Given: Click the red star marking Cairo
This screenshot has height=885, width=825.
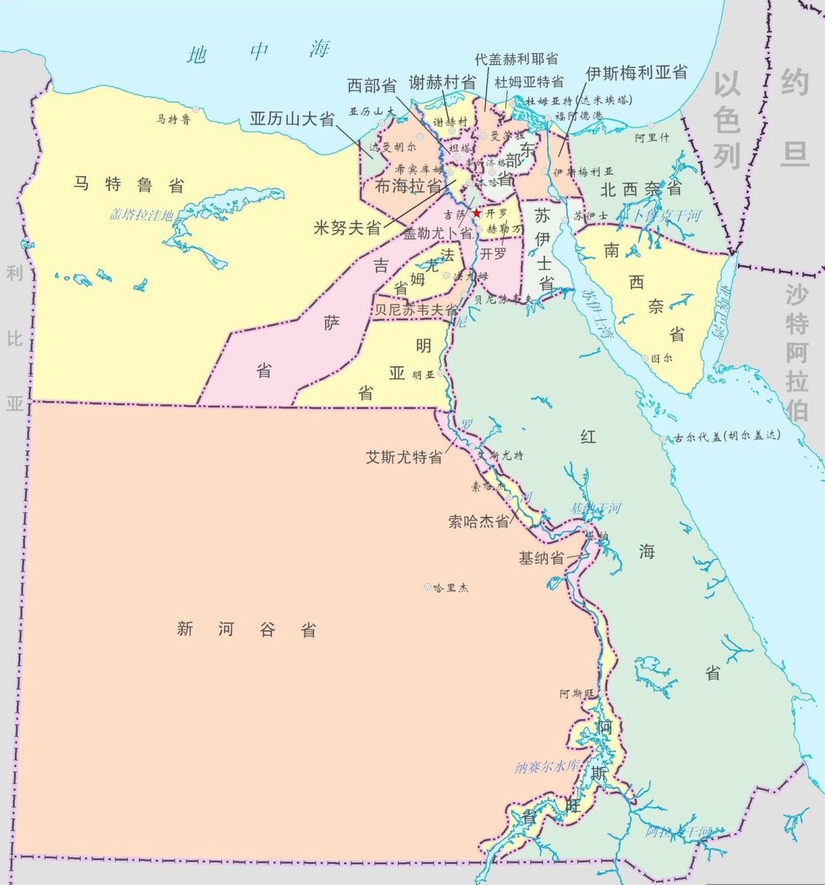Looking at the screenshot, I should click(476, 214).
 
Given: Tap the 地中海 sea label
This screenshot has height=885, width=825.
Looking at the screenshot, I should click(258, 52).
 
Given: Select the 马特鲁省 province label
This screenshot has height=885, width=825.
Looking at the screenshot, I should click(129, 185).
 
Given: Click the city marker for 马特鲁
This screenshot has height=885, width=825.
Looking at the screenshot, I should click(196, 109).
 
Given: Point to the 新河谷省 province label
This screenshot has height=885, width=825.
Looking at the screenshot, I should click(246, 629).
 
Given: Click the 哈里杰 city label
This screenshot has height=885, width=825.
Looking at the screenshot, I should click(451, 588).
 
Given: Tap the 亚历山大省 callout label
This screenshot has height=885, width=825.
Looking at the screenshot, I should click(292, 119).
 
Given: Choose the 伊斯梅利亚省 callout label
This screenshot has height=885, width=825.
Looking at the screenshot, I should click(636, 72).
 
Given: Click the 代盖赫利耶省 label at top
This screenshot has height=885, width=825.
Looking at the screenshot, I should click(517, 59).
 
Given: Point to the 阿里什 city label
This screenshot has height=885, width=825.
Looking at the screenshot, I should click(652, 138).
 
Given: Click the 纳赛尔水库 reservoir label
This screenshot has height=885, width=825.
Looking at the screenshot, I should click(550, 767).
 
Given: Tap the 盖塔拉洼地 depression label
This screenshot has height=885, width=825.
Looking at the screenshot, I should click(141, 215).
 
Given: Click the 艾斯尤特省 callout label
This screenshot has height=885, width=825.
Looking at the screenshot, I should click(404, 457).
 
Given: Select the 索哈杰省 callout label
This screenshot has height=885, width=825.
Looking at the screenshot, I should click(479, 521).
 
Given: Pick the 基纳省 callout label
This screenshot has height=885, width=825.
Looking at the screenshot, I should click(541, 558).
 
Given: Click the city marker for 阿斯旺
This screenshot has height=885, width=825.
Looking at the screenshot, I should click(602, 693).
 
